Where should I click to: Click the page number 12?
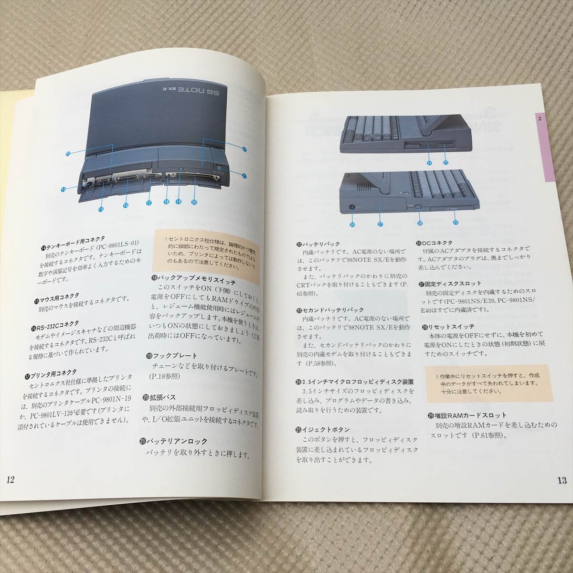11,480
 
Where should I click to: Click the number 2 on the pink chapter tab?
539,118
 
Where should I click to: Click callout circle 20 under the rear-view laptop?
194,202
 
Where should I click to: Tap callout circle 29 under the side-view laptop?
455,222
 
